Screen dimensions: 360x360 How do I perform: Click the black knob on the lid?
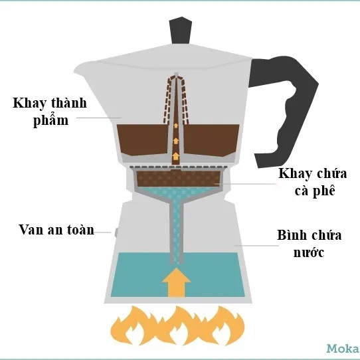181,31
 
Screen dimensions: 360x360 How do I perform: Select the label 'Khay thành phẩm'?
50,112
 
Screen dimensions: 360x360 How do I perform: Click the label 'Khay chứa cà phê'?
313,182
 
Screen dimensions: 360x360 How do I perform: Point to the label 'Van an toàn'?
56,230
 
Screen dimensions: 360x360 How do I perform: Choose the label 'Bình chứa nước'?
310,243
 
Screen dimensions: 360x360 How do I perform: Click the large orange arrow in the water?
176,282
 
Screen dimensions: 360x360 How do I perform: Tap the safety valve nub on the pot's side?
116,232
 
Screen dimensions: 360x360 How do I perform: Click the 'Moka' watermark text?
343,349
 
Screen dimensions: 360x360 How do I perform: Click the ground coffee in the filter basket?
178,179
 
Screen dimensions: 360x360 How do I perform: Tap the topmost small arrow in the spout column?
176,126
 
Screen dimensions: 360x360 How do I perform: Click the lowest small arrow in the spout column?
176,156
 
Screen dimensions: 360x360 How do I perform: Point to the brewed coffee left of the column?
143,139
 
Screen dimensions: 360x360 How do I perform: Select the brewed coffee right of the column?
211,140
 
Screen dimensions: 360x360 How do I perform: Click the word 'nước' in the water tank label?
309,252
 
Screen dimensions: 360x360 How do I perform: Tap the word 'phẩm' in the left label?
51,120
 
